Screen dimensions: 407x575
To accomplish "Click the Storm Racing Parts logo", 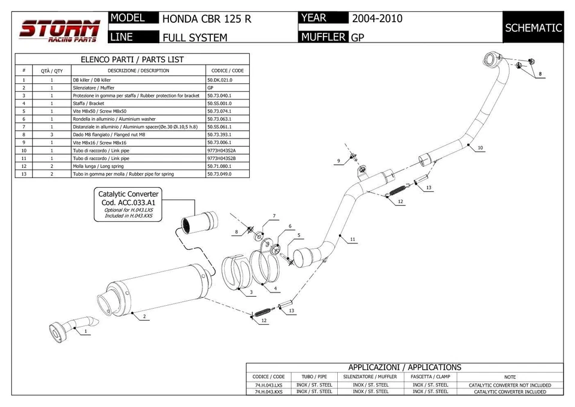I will coord(59,31).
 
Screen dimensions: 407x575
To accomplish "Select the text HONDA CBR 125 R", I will coord(207,19).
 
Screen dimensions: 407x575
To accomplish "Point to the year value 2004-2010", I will coord(377,19).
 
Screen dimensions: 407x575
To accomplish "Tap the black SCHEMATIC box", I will coord(533,28).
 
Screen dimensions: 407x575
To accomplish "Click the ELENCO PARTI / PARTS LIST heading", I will coord(132,59).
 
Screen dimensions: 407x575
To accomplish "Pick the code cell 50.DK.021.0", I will coord(219,80).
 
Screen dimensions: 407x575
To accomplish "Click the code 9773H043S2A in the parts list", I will coord(221,150).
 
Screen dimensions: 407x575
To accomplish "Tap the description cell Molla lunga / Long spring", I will coord(98,166).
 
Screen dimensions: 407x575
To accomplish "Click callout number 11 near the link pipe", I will coord(353,240).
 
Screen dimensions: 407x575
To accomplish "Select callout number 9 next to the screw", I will coord(339,161).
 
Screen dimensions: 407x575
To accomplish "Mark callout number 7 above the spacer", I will coord(274,216).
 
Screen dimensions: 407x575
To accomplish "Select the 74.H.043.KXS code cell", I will coord(269,391).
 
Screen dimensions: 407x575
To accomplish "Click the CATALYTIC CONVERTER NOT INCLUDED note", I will coord(510,385).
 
